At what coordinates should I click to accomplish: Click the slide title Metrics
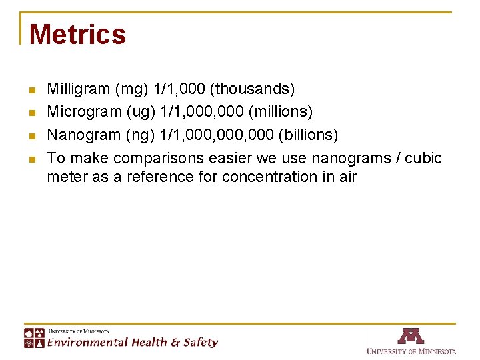[x=77, y=35]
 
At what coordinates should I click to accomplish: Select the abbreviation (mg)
[x=131, y=89]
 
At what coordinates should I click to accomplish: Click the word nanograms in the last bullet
[x=349, y=158]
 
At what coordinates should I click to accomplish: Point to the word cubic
[x=423, y=158]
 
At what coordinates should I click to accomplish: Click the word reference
[x=156, y=177]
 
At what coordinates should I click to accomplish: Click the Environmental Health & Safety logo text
[x=132, y=342]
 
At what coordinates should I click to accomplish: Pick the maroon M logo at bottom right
[x=411, y=335]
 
